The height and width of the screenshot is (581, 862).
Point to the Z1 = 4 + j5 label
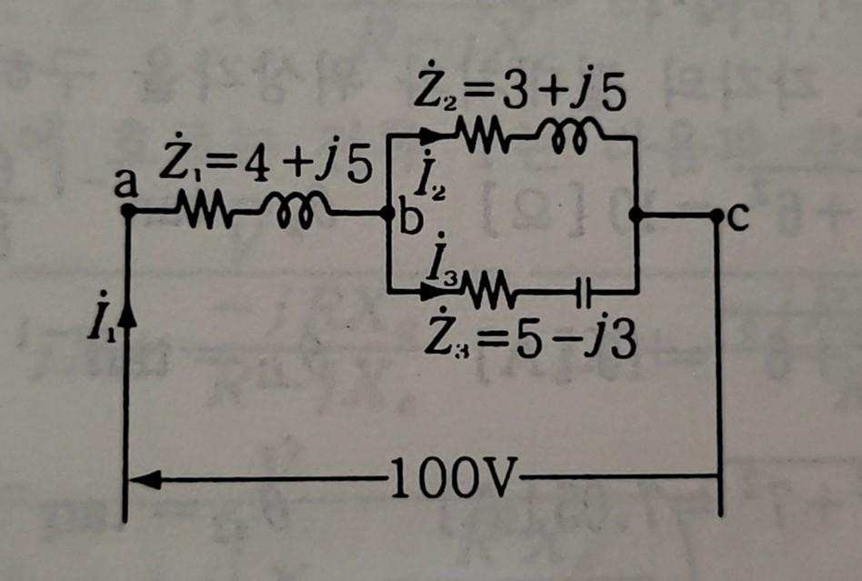pyautogui.click(x=264, y=165)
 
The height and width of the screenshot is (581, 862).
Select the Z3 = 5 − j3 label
pyautogui.click(x=532, y=341)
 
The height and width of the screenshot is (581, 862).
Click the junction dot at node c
pyautogui.click(x=717, y=215)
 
